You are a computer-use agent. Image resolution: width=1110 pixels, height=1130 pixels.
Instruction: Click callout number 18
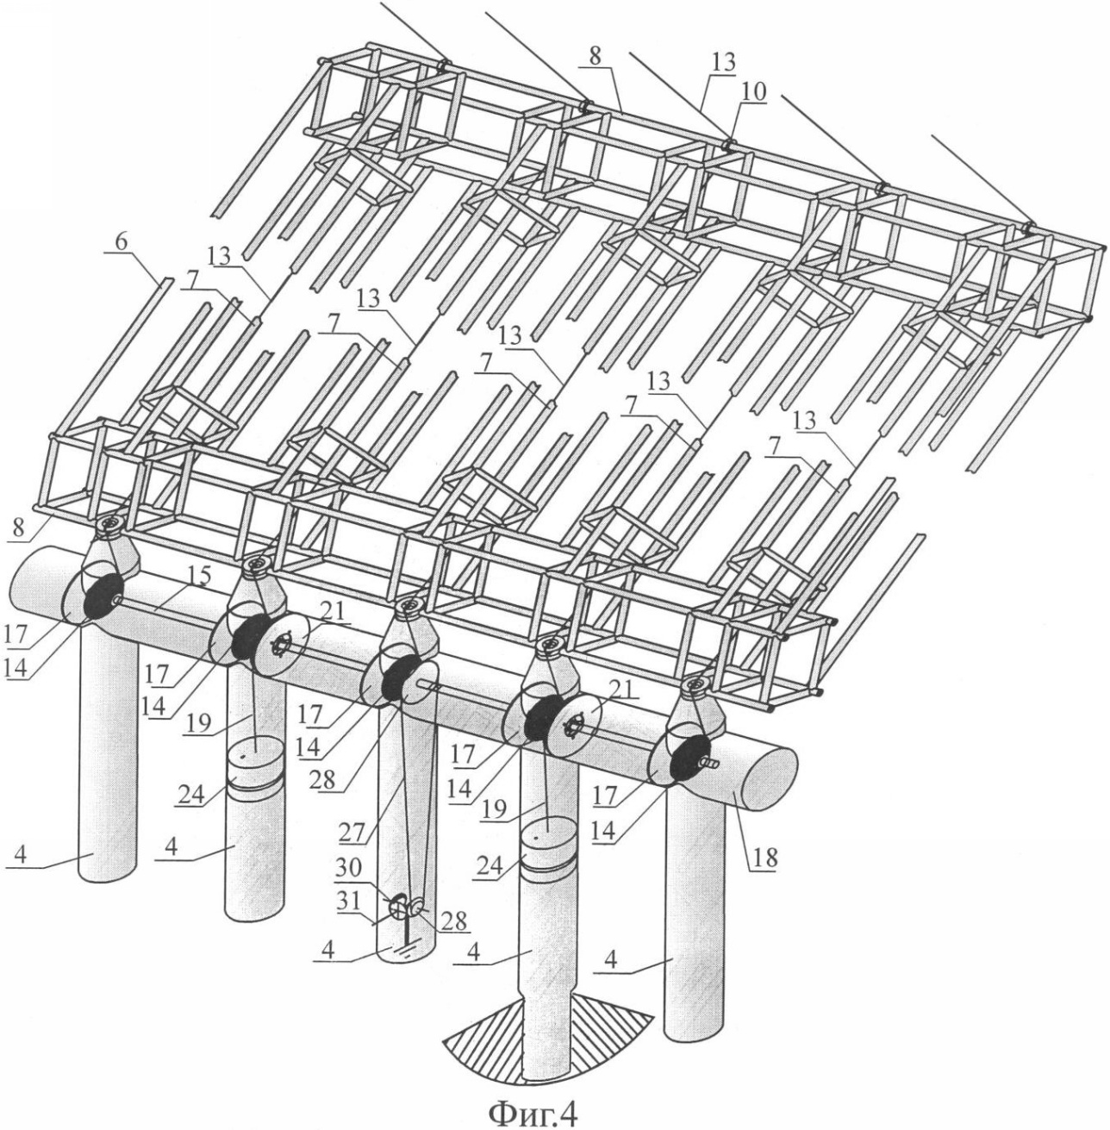761,858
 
